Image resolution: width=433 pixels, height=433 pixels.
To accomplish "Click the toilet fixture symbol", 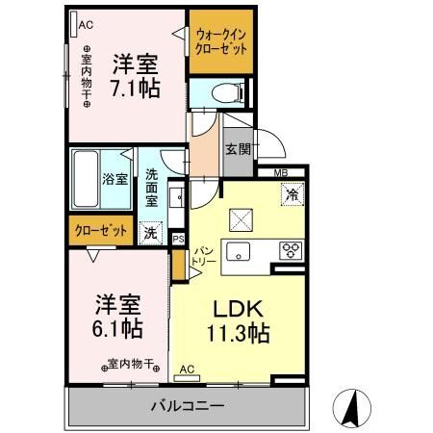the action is tap(228, 92).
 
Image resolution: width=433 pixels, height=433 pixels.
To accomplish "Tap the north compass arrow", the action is tap(351, 407).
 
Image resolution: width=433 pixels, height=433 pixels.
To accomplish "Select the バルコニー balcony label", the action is tap(188, 406).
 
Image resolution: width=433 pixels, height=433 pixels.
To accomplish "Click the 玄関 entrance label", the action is tap(238, 149).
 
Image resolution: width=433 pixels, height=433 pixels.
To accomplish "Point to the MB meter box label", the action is tap(281, 173).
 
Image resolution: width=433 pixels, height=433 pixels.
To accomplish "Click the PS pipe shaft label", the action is tap(178, 239).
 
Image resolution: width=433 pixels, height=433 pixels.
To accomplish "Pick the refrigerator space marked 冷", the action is tap(293, 194).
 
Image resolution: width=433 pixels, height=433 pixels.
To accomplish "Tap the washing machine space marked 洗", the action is tap(150, 233).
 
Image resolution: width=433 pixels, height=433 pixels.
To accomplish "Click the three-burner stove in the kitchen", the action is tap(291, 250).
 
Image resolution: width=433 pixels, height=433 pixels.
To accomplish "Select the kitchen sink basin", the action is tap(238, 251).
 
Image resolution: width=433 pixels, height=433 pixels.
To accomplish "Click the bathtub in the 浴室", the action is tap(86, 179).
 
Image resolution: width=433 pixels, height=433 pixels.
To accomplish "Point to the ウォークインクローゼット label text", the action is tap(221, 41).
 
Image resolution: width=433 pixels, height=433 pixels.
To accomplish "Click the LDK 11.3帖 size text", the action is tap(238, 321).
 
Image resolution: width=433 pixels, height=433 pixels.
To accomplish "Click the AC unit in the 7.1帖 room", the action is tap(74, 24).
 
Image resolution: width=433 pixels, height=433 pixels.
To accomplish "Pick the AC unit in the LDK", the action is tap(187, 378).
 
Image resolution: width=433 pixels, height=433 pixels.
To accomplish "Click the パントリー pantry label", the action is tap(204, 256).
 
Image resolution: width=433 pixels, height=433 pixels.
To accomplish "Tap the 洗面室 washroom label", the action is tap(151, 188).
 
